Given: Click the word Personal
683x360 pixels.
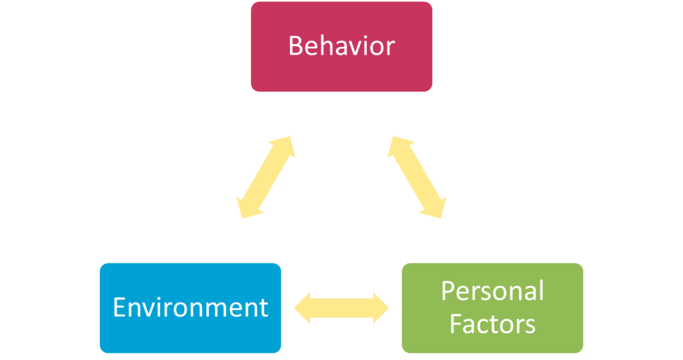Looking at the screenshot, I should (x=492, y=291).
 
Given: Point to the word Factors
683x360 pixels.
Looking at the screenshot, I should (x=492, y=324).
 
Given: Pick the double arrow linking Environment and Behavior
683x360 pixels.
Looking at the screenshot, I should (x=265, y=177).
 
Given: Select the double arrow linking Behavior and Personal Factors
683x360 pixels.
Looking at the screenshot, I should (x=417, y=177).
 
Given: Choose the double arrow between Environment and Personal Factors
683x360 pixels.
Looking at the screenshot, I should (x=341, y=308).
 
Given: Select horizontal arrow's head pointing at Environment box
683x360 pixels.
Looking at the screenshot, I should (x=302, y=308).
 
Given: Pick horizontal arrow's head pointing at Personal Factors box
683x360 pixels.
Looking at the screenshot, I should (x=382, y=308).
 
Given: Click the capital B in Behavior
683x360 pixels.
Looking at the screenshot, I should (x=295, y=46).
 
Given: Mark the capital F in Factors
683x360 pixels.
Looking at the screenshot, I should (x=456, y=324).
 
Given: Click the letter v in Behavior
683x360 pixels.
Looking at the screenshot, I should (x=356, y=48).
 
